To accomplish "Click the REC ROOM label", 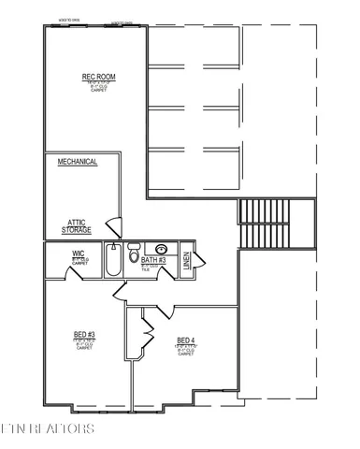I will click(96, 78).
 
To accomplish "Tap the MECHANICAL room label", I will click(78, 162).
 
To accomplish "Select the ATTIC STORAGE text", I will click(77, 225).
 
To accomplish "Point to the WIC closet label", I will click(79, 253).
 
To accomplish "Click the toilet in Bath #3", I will click(134, 255).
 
